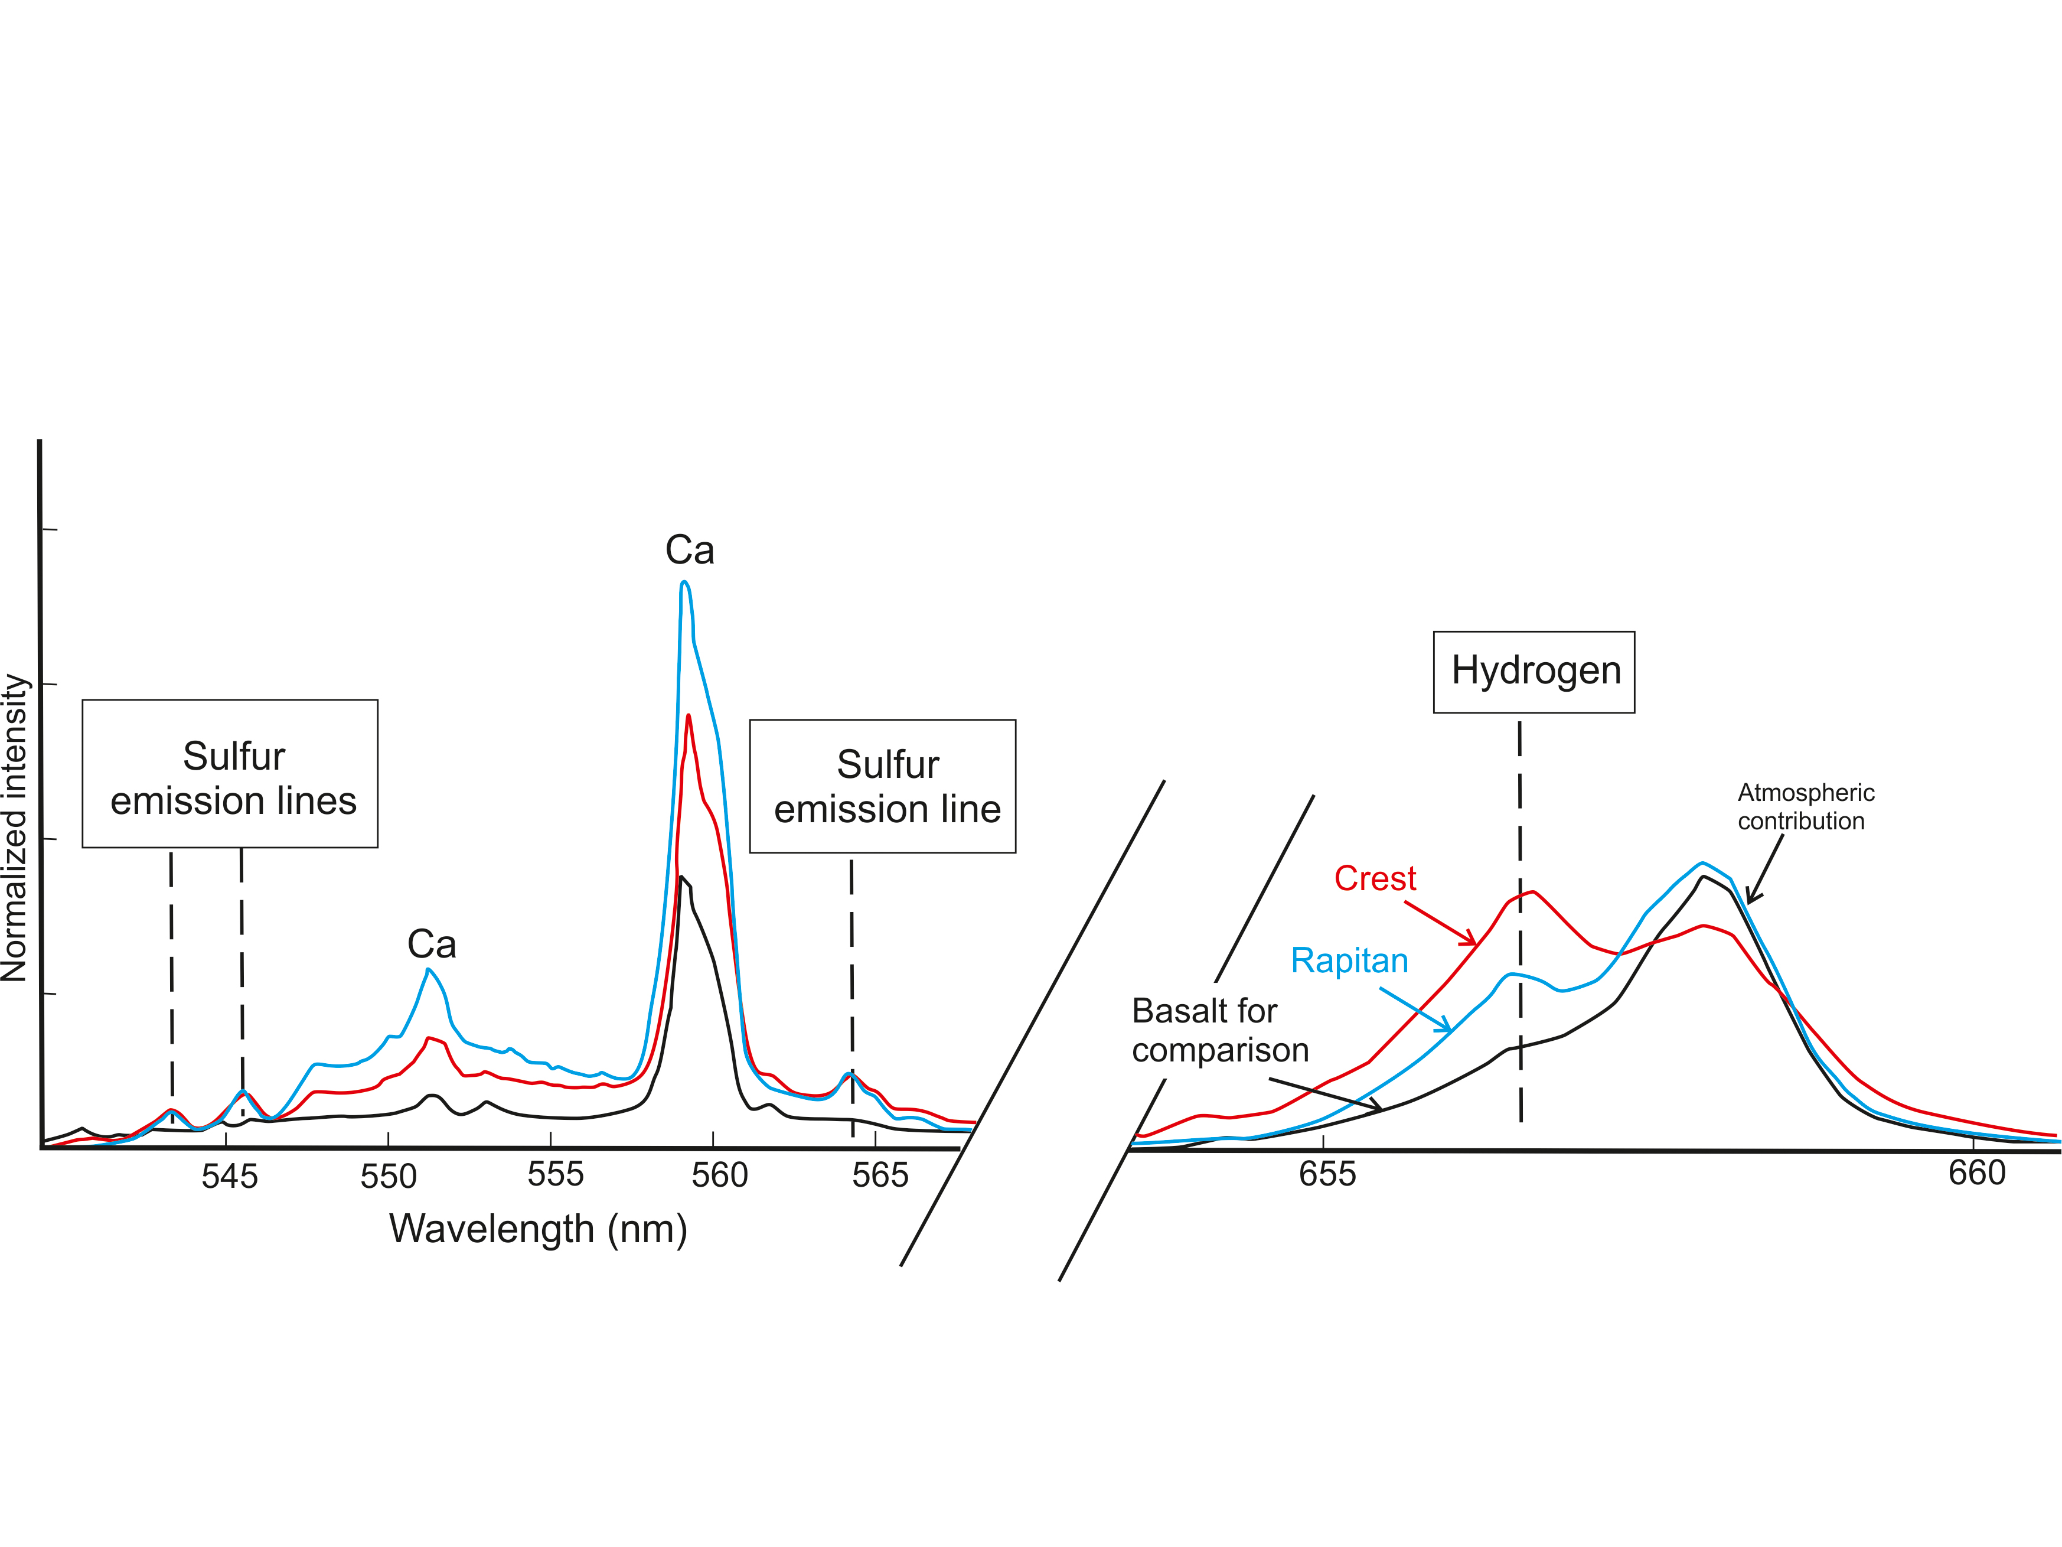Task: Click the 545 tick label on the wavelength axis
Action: pos(229,1177)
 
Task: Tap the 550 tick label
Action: pos(389,1177)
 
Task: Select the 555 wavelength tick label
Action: pos(556,1174)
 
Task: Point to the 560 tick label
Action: pos(720,1175)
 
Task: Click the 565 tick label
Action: pos(880,1175)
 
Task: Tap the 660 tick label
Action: pos(1976,1172)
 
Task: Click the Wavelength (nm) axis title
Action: pos(538,1229)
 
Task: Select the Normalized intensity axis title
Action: pos(15,828)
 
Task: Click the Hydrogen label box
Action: pos(1534,672)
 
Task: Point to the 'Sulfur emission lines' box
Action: pos(230,774)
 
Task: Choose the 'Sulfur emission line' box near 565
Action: pos(883,786)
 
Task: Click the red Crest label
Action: pos(1375,878)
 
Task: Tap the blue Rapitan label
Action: pos(1349,960)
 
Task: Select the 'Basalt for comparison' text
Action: pos(1219,1030)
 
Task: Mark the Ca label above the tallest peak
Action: pos(690,550)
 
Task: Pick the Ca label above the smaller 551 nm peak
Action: pos(432,945)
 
